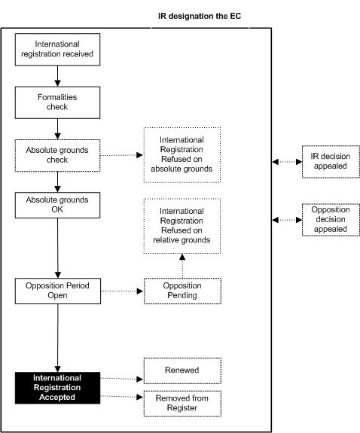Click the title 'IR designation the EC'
(x=200, y=16)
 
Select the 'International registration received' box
(x=57, y=50)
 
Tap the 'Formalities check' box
(x=57, y=102)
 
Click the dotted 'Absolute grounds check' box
(x=57, y=155)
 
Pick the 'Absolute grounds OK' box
(x=57, y=205)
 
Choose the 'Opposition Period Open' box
(x=58, y=291)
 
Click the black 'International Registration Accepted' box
(x=57, y=388)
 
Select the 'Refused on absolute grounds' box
(x=182, y=155)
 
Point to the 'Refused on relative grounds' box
(x=182, y=226)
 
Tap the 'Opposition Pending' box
(x=182, y=291)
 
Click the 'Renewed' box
(x=182, y=370)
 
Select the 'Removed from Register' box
(x=182, y=404)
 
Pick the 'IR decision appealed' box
(x=331, y=162)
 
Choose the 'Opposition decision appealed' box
(x=331, y=220)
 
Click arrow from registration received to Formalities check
(x=57, y=76)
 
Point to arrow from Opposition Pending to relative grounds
(x=182, y=266)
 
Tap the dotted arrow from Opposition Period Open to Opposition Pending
(x=122, y=291)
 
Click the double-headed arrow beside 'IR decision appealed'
(x=287, y=162)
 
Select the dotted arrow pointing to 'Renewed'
(x=122, y=379)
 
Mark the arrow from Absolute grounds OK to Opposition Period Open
(x=58, y=248)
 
